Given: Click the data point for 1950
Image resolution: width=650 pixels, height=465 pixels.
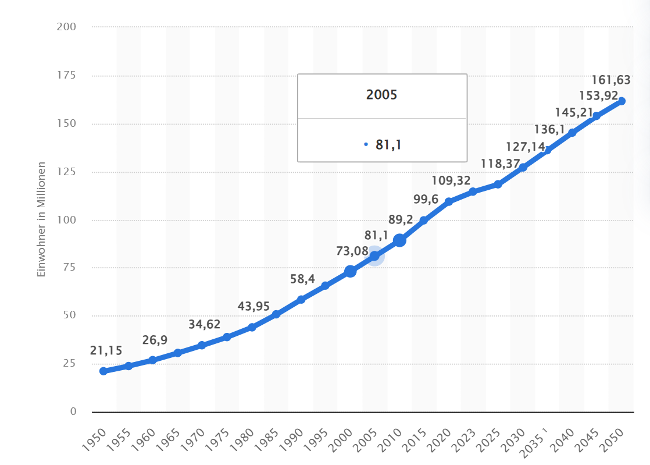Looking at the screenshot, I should (103, 371).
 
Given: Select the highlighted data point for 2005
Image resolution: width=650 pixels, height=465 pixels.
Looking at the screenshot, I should (375, 256).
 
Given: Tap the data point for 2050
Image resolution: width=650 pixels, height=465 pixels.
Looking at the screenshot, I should (621, 101).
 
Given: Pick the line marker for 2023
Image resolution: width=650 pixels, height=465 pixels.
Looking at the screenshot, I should (473, 191).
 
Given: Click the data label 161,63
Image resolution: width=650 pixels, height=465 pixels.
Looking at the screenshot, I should (611, 80).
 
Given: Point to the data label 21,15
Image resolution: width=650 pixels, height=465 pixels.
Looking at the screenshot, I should (106, 350).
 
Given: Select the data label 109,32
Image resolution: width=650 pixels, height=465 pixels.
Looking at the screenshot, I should (451, 180).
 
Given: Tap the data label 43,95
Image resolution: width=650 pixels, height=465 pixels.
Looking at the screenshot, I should (254, 306).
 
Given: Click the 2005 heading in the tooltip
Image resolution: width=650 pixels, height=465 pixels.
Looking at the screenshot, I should (382, 95).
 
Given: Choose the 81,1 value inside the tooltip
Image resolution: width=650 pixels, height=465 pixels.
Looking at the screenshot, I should (388, 144).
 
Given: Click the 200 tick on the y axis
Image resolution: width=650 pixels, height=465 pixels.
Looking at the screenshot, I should (66, 27).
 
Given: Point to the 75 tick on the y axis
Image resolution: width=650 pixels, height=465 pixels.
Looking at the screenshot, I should (69, 268).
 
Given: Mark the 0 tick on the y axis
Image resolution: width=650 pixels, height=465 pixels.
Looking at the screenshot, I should (73, 411).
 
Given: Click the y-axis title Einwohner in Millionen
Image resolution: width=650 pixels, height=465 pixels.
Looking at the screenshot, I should (41, 219).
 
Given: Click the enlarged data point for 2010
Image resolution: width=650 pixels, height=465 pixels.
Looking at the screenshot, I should (399, 240).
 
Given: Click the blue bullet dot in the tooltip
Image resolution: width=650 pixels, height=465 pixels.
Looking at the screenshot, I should (366, 144).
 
